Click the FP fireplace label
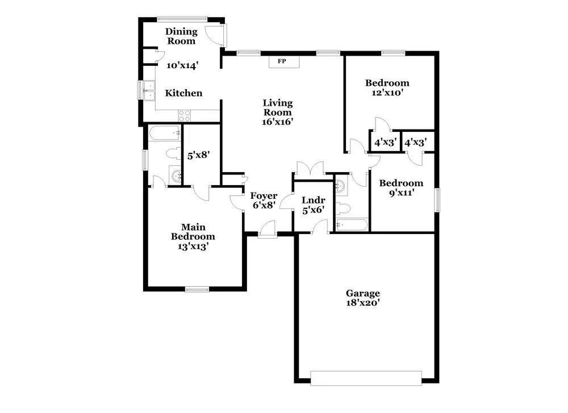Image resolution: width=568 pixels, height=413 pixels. tap(281, 61)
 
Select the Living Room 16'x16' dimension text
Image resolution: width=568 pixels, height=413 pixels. tap(278, 121)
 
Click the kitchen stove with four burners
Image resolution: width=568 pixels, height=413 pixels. tap(185, 115)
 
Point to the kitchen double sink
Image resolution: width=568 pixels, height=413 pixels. tap(148, 90)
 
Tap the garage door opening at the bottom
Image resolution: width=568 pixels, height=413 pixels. tap(366, 378)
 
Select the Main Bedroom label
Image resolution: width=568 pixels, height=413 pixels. tap(193, 232)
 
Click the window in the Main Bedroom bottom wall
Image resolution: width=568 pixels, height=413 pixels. tap(197, 290)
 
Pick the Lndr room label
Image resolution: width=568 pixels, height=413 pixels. tap(313, 200)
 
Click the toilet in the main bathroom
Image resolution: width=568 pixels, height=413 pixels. tap(173, 153)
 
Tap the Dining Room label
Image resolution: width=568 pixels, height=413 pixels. tap(181, 36)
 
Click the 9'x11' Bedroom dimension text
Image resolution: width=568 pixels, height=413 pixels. tap(401, 193)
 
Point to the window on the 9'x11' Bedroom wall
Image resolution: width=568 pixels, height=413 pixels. tap(437, 201)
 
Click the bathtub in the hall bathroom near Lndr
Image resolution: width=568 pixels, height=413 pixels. tap(352, 225)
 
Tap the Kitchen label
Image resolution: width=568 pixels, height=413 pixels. tap(183, 93)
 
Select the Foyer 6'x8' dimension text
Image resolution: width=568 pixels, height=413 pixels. tap(265, 206)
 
